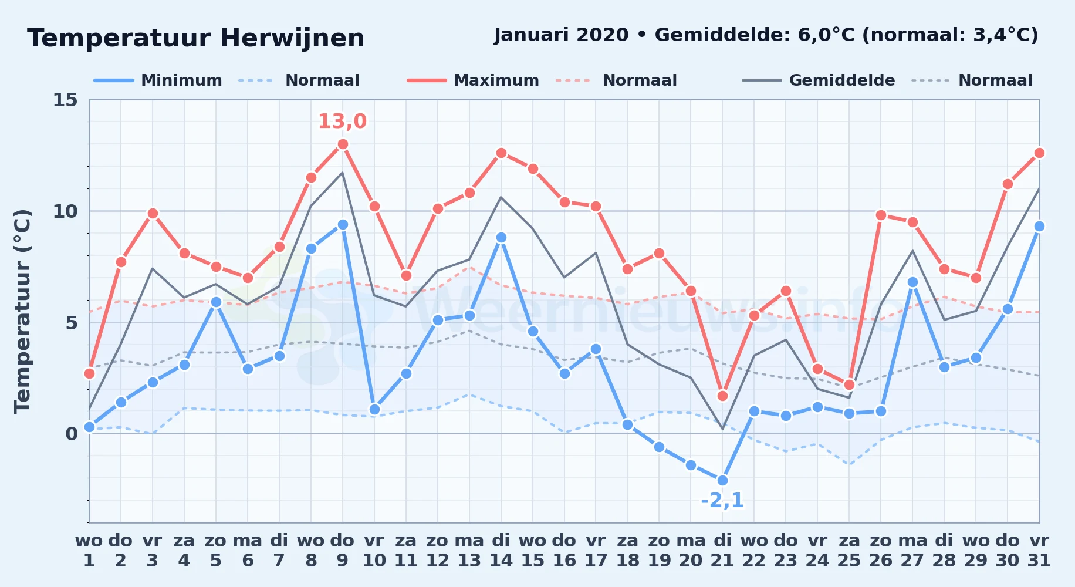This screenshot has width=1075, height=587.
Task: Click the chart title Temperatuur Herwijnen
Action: (196, 38)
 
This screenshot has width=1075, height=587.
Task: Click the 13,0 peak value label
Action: (342, 122)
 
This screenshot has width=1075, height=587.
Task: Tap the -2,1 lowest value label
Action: (722, 501)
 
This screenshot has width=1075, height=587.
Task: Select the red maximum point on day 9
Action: (343, 144)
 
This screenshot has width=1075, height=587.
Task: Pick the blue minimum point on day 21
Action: (722, 480)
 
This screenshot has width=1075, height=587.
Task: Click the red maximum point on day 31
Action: (1039, 153)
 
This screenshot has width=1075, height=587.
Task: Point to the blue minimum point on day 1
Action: (89, 427)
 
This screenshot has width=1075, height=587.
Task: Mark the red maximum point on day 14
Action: (501, 153)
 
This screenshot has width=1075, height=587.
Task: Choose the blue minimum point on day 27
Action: (912, 282)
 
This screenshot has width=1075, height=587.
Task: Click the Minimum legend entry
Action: (158, 80)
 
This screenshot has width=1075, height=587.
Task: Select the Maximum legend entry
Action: (473, 80)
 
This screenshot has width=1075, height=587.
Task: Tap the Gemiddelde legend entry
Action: (819, 80)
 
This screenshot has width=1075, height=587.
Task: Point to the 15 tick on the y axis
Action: (65, 100)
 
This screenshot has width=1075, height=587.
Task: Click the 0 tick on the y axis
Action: (72, 434)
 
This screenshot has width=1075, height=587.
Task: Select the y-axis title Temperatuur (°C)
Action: (22, 311)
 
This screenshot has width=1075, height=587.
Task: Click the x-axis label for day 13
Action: (469, 551)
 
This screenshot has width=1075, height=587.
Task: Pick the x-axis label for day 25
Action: (849, 551)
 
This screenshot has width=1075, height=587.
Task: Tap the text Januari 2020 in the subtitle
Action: (561, 35)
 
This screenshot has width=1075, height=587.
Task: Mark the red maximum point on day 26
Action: (881, 215)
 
